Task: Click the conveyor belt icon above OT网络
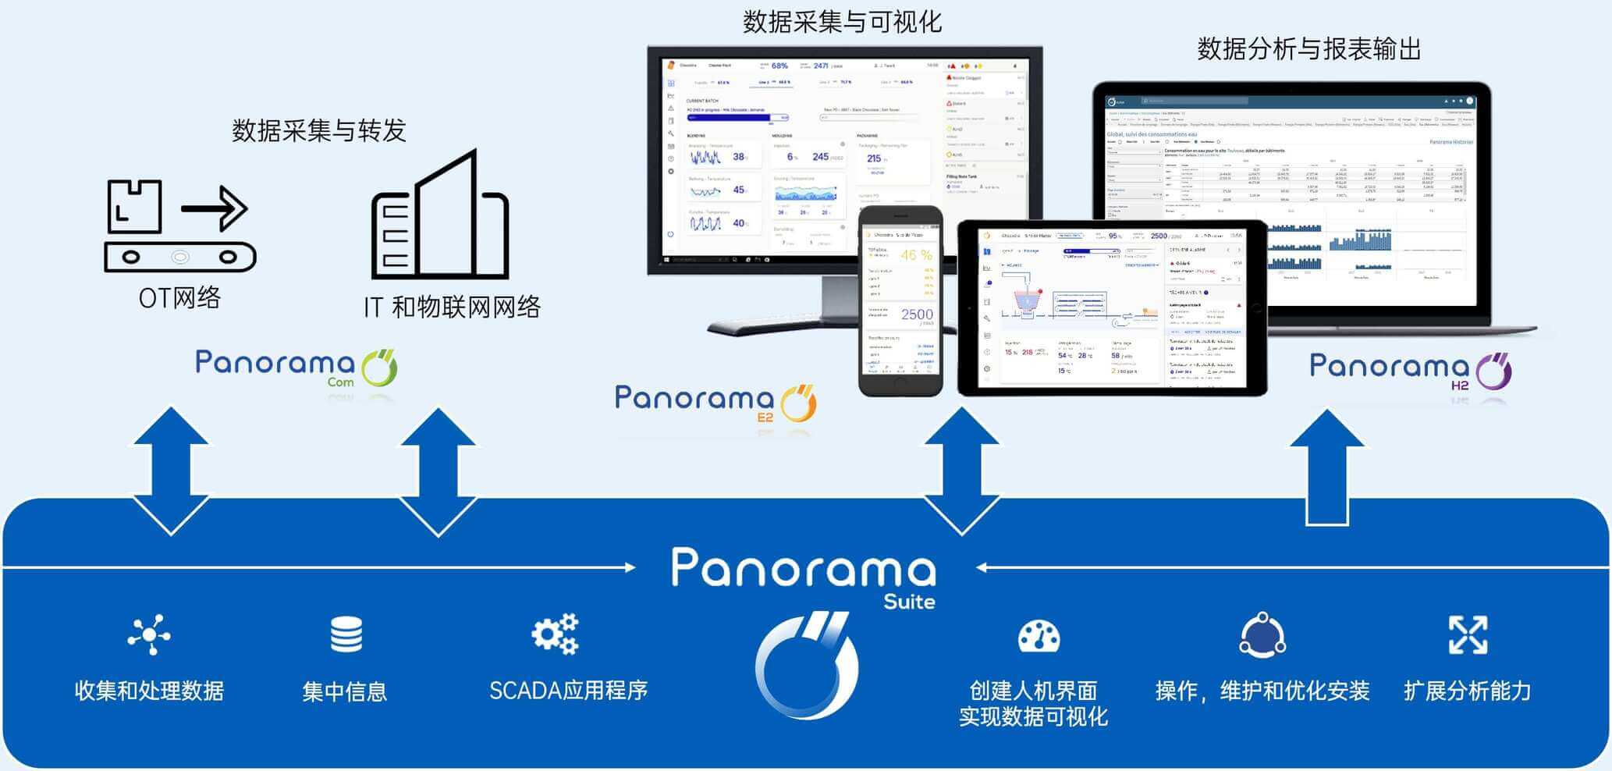click(x=179, y=226)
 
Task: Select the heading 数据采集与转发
click(x=319, y=130)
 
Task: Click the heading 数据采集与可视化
click(x=842, y=22)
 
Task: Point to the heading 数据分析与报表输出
click(x=1308, y=49)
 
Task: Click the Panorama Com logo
click(x=296, y=368)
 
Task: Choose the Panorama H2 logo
click(x=1411, y=370)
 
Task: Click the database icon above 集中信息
click(x=346, y=634)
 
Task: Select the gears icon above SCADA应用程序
click(x=555, y=634)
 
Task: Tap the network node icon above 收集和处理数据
click(x=148, y=634)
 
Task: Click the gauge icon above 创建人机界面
click(x=1039, y=636)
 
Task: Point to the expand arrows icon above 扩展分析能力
click(x=1468, y=634)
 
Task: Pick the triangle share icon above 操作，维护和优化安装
click(x=1262, y=635)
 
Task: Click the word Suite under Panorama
click(x=909, y=602)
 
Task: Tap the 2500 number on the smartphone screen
click(x=917, y=314)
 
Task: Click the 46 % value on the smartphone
click(x=916, y=255)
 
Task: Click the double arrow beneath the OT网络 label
click(x=171, y=471)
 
